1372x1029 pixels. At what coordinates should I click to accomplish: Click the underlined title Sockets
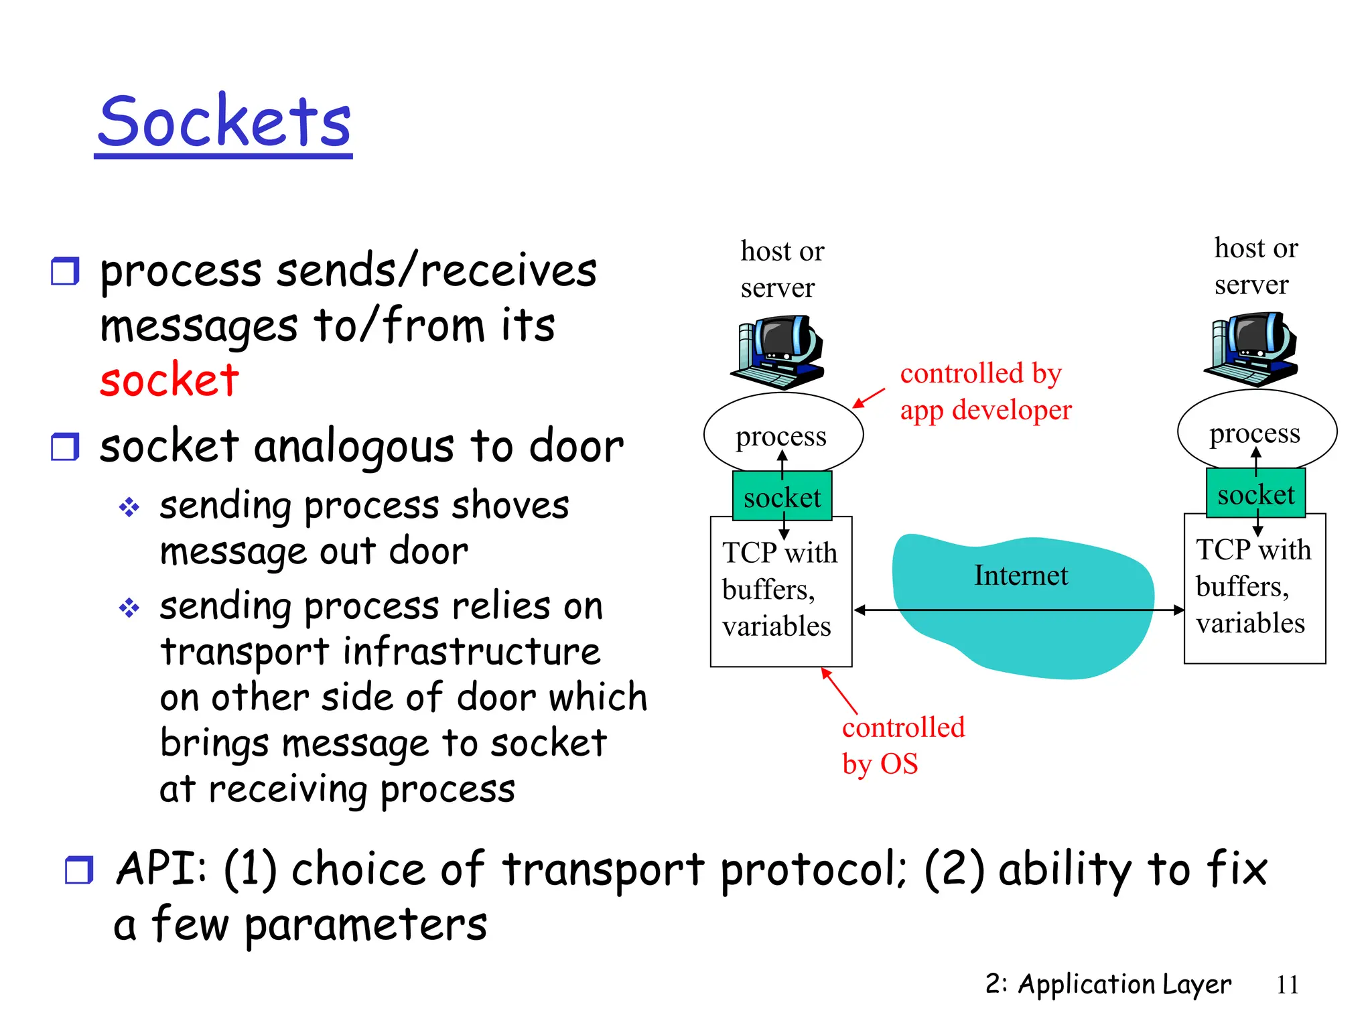tap(224, 122)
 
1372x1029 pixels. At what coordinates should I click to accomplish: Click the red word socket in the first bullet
tap(169, 379)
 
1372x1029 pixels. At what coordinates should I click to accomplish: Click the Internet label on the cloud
tap(1020, 575)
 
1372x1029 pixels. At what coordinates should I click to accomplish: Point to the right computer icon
tap(1252, 350)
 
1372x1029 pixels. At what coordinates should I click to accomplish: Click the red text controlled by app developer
tap(985, 392)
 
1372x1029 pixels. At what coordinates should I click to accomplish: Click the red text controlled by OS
tap(902, 745)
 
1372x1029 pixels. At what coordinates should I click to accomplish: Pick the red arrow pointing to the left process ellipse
tap(868, 398)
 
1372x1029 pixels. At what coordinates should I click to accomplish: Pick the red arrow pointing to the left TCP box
tap(839, 691)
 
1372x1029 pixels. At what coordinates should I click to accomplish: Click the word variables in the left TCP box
tap(776, 626)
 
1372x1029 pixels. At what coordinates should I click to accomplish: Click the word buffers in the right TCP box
tap(1241, 587)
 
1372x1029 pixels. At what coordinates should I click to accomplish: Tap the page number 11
tap(1287, 985)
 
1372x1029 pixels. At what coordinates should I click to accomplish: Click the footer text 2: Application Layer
tap(1107, 984)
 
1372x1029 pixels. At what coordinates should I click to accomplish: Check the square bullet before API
tap(78, 870)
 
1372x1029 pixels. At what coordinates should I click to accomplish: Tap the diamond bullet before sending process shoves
tap(129, 507)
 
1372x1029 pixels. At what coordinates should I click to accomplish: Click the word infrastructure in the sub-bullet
tap(472, 652)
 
